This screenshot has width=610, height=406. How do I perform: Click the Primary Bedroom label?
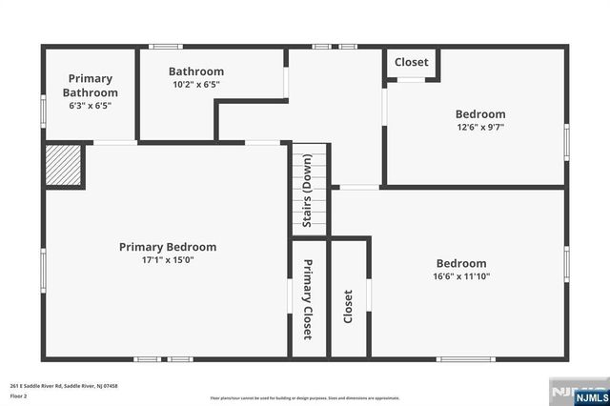(x=167, y=247)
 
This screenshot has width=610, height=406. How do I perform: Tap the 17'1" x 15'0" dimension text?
(x=168, y=259)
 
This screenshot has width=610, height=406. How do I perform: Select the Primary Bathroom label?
(x=91, y=86)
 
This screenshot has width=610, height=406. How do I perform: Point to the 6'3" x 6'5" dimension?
(x=91, y=106)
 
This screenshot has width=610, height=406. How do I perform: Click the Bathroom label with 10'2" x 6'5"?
(x=196, y=71)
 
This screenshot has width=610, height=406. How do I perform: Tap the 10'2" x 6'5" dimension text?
(x=196, y=85)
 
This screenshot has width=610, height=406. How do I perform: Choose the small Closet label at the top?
(x=412, y=62)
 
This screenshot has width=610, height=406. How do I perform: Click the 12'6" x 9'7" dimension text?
(x=480, y=128)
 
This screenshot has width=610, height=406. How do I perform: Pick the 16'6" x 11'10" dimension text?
(x=461, y=277)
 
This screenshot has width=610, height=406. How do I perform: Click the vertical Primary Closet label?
(x=308, y=299)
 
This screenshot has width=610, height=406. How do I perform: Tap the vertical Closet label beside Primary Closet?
(x=348, y=306)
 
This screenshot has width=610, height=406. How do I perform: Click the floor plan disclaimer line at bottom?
(x=305, y=397)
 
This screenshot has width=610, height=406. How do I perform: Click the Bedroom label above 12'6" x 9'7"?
(x=480, y=114)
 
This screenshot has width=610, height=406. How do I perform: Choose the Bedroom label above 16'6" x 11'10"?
(x=461, y=264)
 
